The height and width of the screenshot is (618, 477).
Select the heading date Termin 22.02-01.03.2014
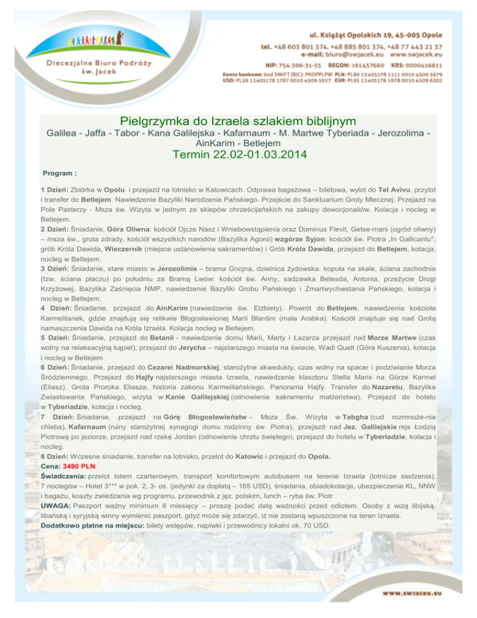pyautogui.click(x=238, y=154)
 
